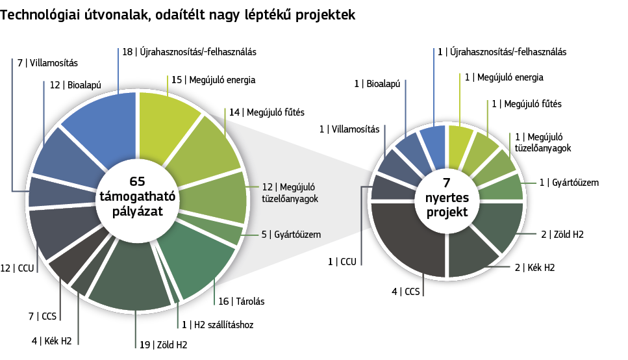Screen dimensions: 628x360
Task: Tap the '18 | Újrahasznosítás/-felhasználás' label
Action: click(x=189, y=52)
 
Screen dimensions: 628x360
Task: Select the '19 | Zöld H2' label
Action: click(x=163, y=345)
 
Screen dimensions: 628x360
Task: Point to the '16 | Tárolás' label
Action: click(x=241, y=302)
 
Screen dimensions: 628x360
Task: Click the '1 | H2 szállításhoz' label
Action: click(x=218, y=325)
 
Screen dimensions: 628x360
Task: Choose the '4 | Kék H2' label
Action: click(x=52, y=341)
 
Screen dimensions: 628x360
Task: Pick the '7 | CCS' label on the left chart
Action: click(x=42, y=316)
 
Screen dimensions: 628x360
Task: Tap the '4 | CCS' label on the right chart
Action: click(x=406, y=292)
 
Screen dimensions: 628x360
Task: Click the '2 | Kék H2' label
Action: click(x=534, y=267)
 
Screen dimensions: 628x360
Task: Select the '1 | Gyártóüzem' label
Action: click(x=569, y=183)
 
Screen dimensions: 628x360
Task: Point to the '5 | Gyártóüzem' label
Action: click(x=291, y=235)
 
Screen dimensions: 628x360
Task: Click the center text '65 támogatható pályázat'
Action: click(x=137, y=196)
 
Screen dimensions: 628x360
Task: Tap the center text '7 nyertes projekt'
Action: click(x=447, y=198)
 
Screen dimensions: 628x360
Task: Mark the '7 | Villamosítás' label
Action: click(x=47, y=63)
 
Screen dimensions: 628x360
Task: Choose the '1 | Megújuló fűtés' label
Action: click(x=527, y=104)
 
